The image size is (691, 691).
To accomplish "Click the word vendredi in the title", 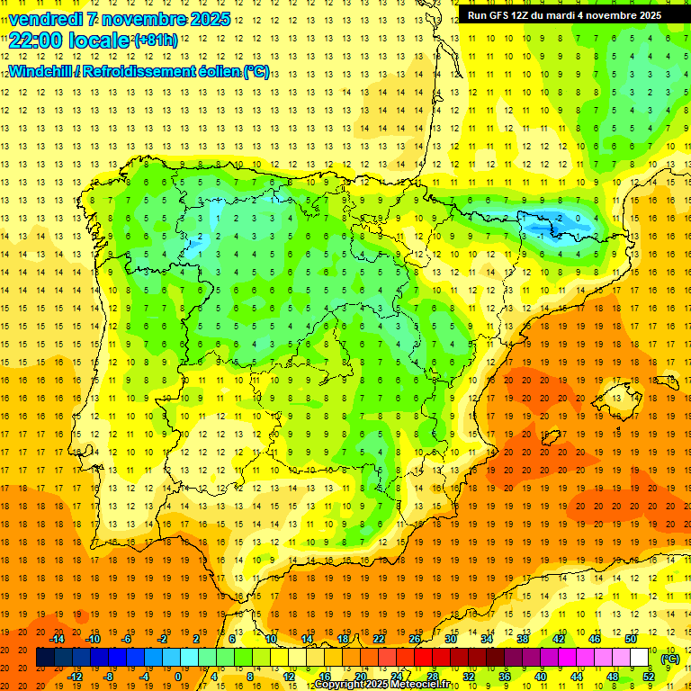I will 46,19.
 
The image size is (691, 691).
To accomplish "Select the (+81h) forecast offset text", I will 155,40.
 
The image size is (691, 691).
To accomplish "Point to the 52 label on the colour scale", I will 648,677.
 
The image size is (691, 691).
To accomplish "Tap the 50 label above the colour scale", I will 630,639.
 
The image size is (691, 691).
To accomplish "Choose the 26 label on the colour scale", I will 415,639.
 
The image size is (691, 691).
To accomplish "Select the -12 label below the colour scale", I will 75,677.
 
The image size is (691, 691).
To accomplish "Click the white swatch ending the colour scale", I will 639,658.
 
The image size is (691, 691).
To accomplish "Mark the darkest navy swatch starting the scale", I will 45,658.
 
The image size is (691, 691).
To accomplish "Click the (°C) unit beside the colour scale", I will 669,658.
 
